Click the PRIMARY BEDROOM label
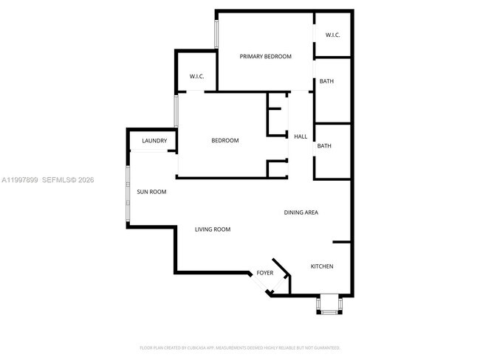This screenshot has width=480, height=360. (x=266, y=57)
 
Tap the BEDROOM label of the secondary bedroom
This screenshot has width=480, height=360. (x=225, y=141)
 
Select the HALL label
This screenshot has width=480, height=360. (x=301, y=136)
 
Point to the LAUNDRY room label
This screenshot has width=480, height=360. (x=154, y=141)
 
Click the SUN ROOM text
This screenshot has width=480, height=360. (x=151, y=192)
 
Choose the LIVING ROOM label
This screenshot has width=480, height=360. (x=213, y=229)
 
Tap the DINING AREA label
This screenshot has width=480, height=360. (x=301, y=212)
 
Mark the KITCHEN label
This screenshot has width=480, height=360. (x=321, y=266)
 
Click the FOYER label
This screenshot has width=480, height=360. (x=265, y=274)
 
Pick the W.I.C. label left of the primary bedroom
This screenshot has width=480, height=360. (x=196, y=76)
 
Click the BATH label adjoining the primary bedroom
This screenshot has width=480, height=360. (x=326, y=81)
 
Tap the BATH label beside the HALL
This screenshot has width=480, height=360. (x=324, y=146)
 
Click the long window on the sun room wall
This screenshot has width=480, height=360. (x=128, y=195)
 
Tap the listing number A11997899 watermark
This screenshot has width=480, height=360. (x=20, y=179)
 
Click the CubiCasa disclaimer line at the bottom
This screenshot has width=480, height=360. (x=240, y=347)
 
